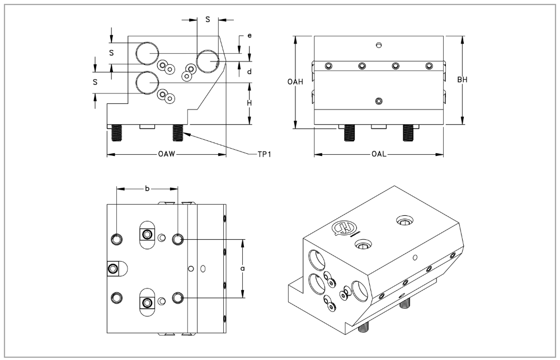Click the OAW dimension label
[x=166, y=154]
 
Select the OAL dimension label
[x=378, y=154]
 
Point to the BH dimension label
[x=462, y=80]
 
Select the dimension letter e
[x=249, y=36]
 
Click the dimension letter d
[x=249, y=72]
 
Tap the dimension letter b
[x=147, y=188]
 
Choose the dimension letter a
[x=242, y=268]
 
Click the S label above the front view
[x=208, y=20]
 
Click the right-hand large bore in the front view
[x=206, y=61]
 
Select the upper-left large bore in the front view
[x=148, y=53]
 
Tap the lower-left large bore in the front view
[x=148, y=83]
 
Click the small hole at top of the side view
[x=379, y=45]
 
